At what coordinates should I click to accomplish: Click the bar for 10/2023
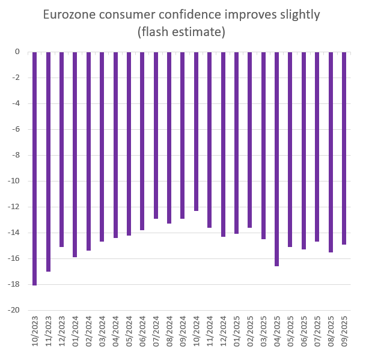[x=35, y=168]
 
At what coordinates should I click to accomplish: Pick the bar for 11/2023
[x=48, y=162]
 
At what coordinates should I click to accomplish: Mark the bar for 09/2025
[x=344, y=148]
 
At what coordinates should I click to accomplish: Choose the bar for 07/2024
[x=156, y=135]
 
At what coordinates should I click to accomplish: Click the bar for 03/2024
[x=102, y=147]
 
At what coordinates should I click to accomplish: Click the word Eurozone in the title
[x=70, y=14]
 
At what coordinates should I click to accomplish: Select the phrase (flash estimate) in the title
[x=184, y=32]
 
